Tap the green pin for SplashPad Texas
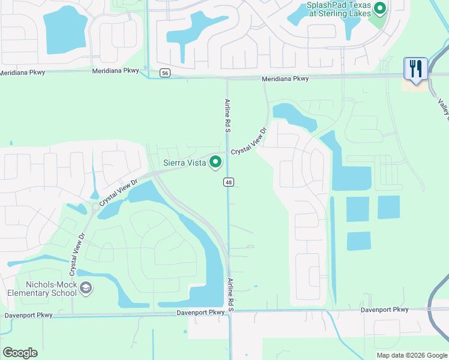[x=379, y=8]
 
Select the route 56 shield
[x=165, y=73]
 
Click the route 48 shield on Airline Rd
[x=228, y=182]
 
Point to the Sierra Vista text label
[x=185, y=163]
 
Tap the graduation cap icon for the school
[x=86, y=289]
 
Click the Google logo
[x=20, y=353]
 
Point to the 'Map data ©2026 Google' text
[x=411, y=355]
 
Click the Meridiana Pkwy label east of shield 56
[x=285, y=79]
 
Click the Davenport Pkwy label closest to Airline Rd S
[x=200, y=313]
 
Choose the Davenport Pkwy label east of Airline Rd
[x=384, y=310]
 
